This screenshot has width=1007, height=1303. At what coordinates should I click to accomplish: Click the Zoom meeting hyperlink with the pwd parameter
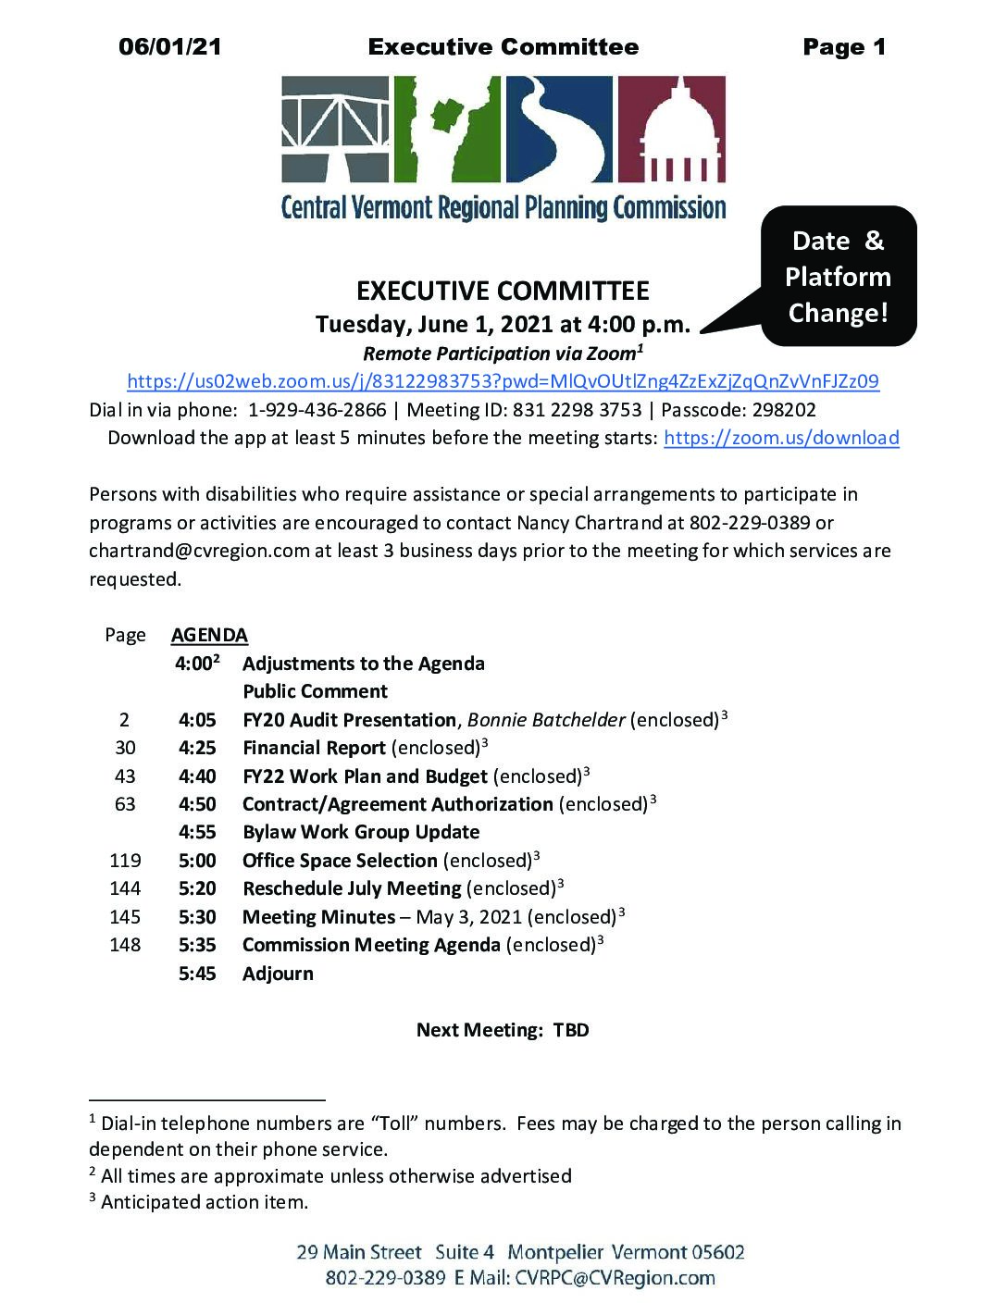pos(503,381)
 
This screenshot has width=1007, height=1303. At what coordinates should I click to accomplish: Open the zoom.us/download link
pos(781,438)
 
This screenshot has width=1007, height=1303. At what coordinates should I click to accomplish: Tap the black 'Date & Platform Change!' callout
pos(838,277)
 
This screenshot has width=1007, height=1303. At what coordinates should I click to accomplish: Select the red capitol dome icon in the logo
pos(671,130)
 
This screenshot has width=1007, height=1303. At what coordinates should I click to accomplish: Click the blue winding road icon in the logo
pos(559,130)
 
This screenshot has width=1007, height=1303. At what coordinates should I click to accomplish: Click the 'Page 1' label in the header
pos(843,47)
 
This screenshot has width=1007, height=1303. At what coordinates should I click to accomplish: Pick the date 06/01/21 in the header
pos(170,47)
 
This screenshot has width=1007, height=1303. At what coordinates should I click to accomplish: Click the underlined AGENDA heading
pos(209,636)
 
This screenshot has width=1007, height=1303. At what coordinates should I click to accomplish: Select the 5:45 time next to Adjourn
pos(197,974)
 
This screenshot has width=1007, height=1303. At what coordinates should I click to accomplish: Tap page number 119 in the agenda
pos(125,861)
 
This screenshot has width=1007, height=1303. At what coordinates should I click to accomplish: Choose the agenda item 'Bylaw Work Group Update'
pos(361,832)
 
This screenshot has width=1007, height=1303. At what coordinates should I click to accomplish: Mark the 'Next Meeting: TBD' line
pos(503,1030)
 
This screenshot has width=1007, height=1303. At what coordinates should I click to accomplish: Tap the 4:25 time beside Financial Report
pos(197,748)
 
